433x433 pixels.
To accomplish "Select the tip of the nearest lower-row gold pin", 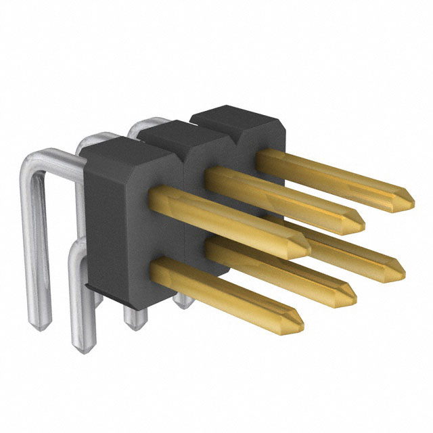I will pyautogui.click(x=300, y=323).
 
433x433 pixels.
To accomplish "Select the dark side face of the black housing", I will pyautogui.click(x=101, y=223).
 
